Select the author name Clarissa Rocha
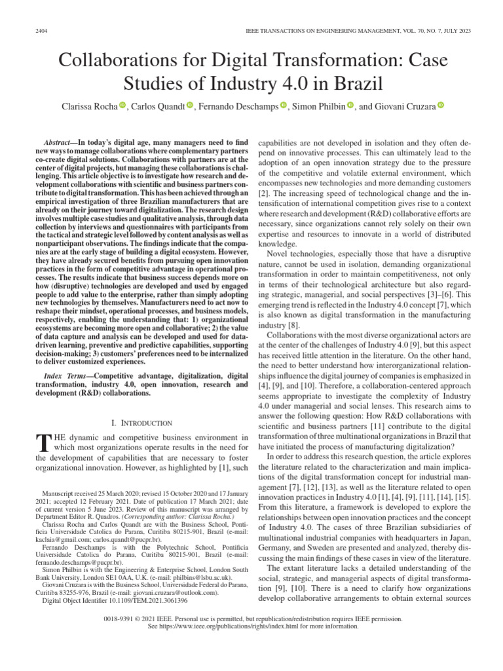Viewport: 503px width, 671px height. (88, 105)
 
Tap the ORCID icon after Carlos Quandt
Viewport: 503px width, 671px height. (190, 105)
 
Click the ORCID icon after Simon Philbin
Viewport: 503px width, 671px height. (350, 105)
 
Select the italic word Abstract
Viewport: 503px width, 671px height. (58, 142)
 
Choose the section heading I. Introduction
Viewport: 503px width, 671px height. (142, 423)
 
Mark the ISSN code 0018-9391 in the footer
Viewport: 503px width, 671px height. (121, 619)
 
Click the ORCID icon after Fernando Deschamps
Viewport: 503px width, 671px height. (284, 105)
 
